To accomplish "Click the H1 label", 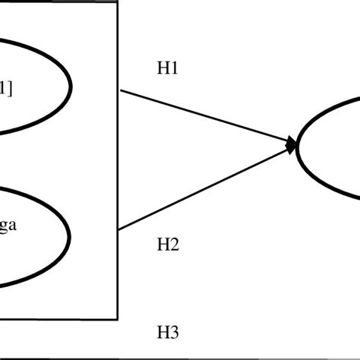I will coord(167,68).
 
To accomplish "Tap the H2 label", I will coord(167,245).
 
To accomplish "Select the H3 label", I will coord(167,331).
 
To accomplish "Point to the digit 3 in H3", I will coord(173,331).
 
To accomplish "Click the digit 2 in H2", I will coord(173,245).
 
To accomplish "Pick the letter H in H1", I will coord(163,68).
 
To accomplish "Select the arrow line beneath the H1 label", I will coord(205,115).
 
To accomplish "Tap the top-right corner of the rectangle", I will coord(118,2).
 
